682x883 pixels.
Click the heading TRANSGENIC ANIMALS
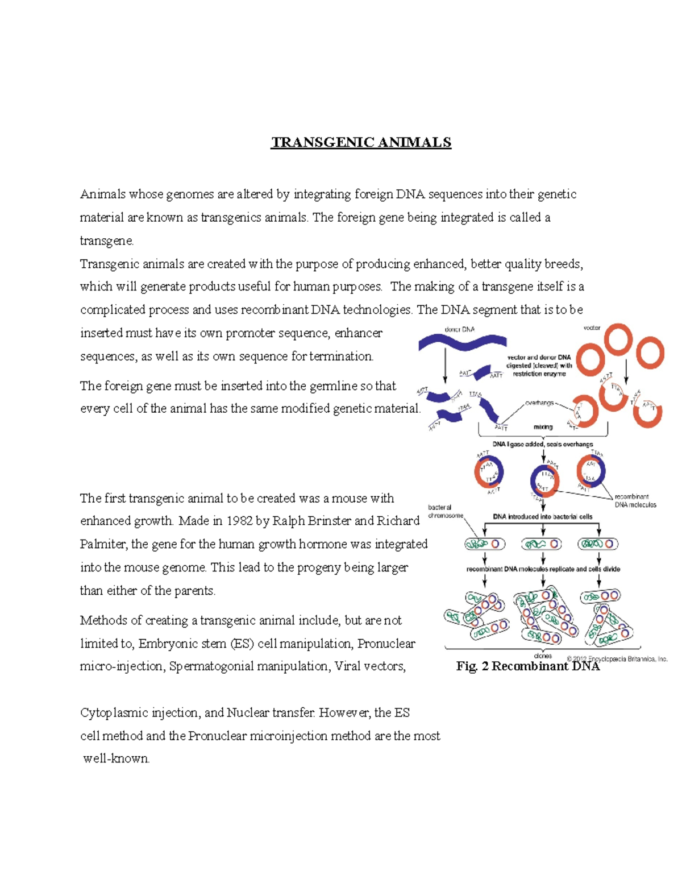[361, 142]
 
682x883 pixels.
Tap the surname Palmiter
[103, 544]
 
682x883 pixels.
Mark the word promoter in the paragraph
[249, 333]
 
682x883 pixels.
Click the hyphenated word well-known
[117, 759]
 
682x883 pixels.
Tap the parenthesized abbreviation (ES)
[242, 644]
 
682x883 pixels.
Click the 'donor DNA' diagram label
[459, 329]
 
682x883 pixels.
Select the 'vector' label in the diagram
[592, 328]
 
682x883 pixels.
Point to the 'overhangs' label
[539, 403]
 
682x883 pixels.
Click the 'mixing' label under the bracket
[543, 427]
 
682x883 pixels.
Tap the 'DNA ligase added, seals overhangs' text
[542, 444]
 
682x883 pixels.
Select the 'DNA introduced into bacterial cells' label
[542, 517]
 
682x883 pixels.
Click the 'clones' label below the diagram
[543, 656]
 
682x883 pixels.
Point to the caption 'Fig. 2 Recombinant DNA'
[527, 666]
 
